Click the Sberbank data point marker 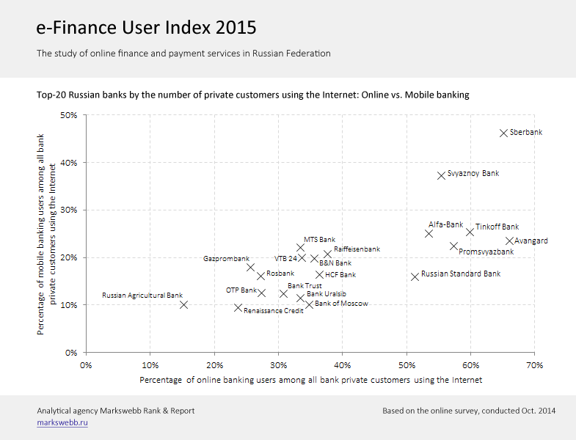tap(503, 133)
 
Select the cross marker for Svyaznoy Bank tap(441, 175)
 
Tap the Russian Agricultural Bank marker tap(183, 304)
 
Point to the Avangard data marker tap(509, 241)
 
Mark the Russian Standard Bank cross tap(415, 276)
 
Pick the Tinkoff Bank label tap(497, 227)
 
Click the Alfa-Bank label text tap(446, 224)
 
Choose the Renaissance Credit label tap(274, 311)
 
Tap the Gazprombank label tap(226, 259)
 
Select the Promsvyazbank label tap(486, 252)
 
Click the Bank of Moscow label tap(341, 303)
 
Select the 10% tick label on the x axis tap(150, 364)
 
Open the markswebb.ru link tap(62, 423)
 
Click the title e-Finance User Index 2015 tap(146, 28)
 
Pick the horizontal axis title tap(310, 379)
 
